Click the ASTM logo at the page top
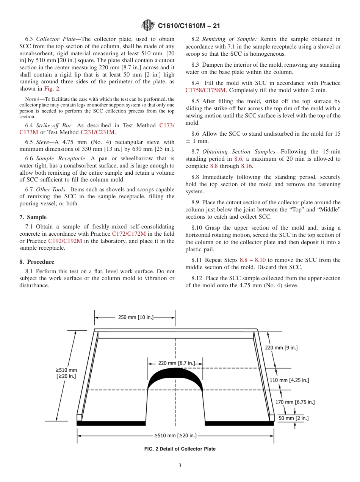pyautogui.click(x=148, y=26)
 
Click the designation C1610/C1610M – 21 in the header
pyautogui.click(x=188, y=26)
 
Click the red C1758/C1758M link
pyautogui.click(x=205, y=90)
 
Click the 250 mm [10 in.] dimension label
pyautogui.click(x=136, y=317)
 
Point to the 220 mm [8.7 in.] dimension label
pyautogui.click(x=176, y=363)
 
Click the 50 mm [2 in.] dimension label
pyautogui.click(x=293, y=418)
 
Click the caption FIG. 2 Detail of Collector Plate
pyautogui.click(x=180, y=449)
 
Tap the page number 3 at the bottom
pyautogui.click(x=180, y=466)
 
